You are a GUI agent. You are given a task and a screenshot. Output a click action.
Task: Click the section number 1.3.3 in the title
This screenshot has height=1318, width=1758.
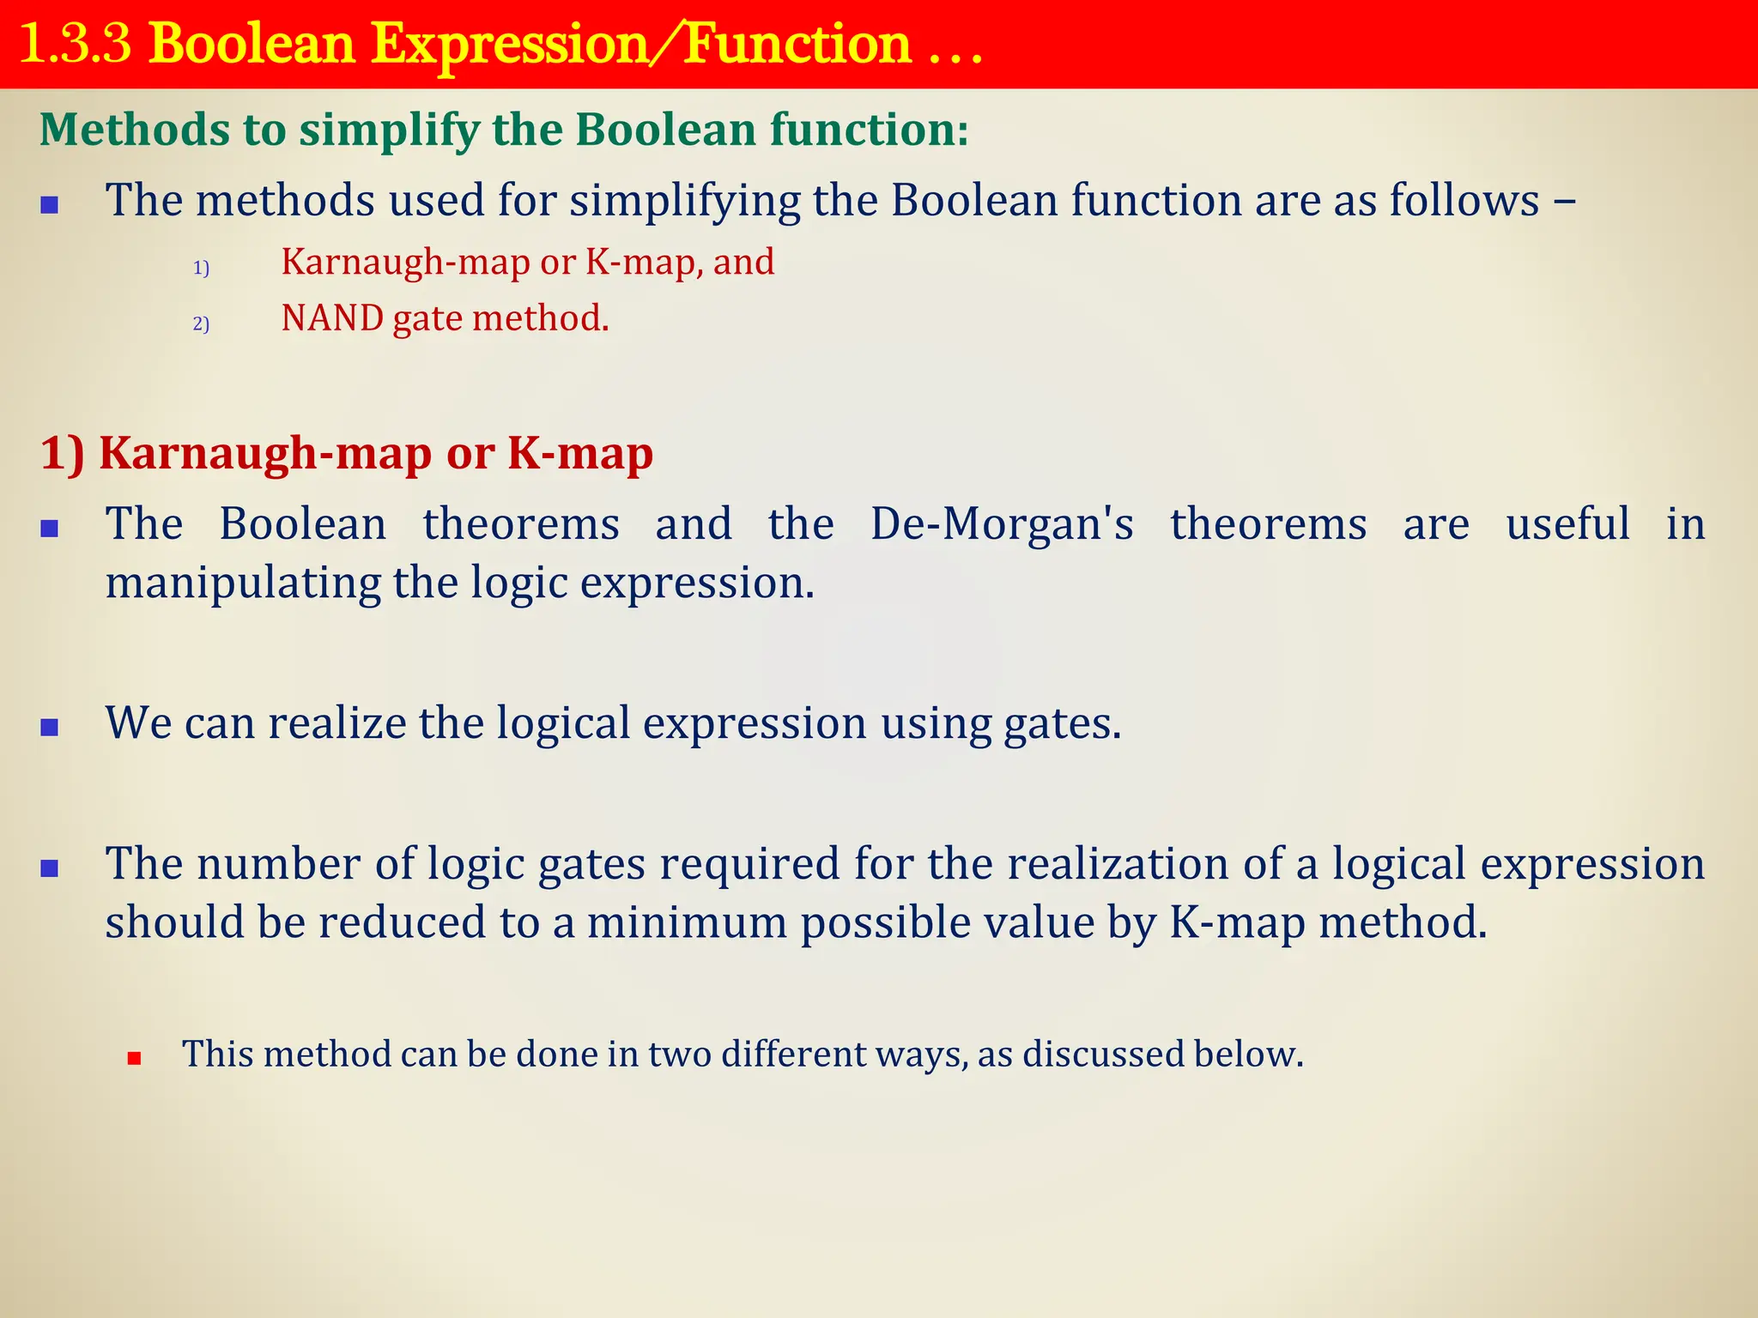coord(76,44)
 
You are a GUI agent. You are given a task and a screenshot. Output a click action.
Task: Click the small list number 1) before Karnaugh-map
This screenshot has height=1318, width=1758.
coord(201,269)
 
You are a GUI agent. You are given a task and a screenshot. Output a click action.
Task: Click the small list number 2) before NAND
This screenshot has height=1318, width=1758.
coord(201,324)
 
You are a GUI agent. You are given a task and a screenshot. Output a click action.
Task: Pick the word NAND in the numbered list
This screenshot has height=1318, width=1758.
coord(332,318)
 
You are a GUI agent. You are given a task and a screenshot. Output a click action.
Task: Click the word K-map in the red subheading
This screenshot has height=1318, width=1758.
coord(579,453)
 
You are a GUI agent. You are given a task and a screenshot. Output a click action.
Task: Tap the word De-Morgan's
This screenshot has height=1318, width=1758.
coord(1001,523)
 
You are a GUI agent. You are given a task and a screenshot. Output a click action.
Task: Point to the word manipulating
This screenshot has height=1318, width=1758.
coord(242,583)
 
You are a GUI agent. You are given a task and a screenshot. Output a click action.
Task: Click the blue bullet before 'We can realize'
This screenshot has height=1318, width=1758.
coord(50,728)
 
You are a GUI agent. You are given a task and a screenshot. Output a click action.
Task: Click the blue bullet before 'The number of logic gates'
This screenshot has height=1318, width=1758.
coord(50,868)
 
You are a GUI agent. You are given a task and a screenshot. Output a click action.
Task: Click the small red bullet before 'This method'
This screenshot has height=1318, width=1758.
coord(134,1059)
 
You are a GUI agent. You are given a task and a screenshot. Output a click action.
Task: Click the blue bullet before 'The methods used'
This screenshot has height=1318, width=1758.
coord(50,205)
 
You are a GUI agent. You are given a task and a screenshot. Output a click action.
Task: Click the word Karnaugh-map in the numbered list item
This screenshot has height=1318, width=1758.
coord(405,263)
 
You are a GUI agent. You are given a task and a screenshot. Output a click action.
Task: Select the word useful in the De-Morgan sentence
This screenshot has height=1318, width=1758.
coord(1567,523)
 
